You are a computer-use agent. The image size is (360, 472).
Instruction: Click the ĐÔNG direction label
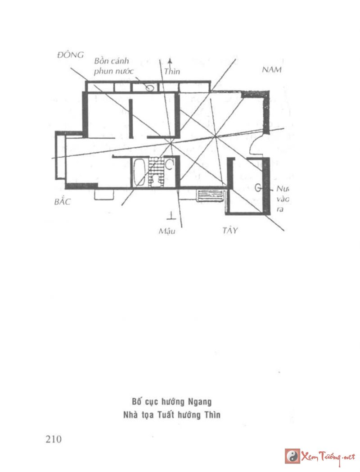click(71, 55)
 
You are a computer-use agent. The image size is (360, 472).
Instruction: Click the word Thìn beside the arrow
click(172, 72)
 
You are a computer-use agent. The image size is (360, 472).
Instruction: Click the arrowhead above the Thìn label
click(170, 60)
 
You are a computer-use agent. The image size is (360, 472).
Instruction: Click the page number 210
click(53, 439)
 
